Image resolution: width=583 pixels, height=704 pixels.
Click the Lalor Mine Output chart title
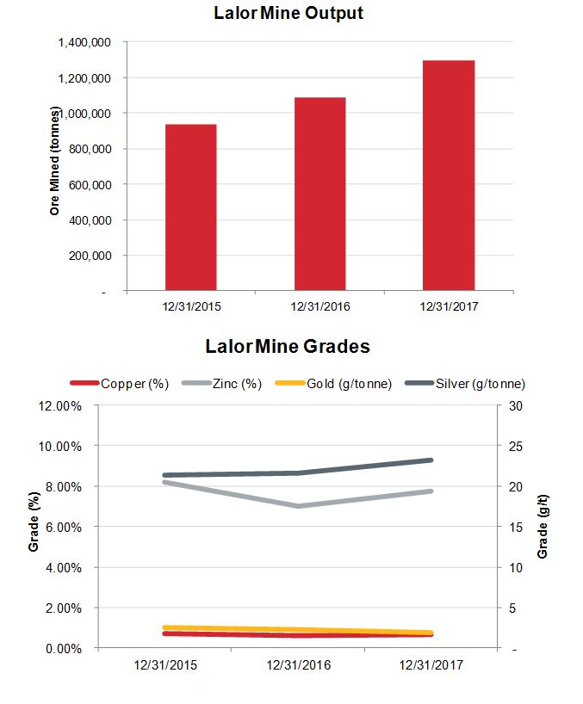290,14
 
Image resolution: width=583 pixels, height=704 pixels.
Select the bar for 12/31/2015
190,207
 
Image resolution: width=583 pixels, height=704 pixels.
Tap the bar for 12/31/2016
319,194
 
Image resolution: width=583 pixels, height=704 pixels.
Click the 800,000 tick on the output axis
92,149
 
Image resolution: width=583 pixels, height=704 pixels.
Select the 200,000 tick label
92,256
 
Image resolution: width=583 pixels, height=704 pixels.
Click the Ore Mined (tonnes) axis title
55,161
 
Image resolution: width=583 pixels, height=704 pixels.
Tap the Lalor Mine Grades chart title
288,347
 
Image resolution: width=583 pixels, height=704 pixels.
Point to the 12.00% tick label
59,405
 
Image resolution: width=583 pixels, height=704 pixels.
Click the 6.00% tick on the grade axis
62,527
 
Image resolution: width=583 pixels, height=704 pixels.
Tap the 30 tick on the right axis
515,405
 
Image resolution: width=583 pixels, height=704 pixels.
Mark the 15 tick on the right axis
515,527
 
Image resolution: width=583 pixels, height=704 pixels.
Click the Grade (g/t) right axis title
543,527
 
